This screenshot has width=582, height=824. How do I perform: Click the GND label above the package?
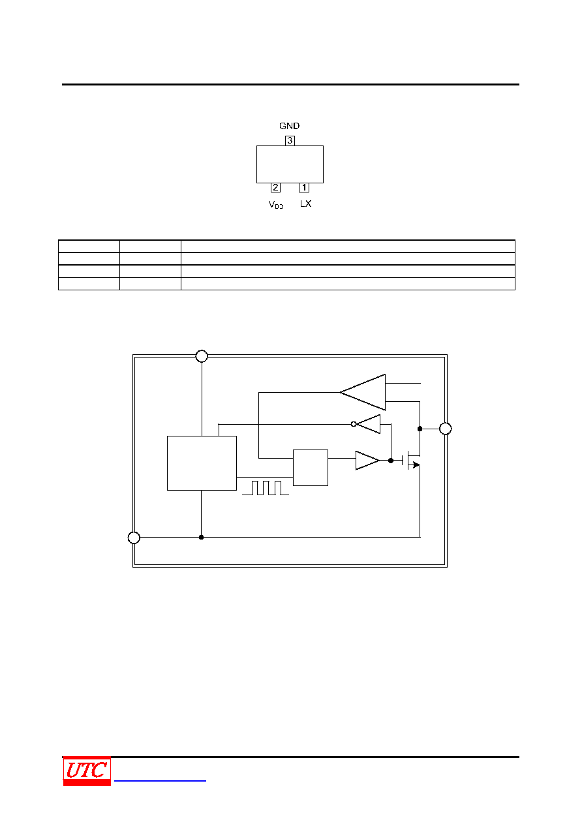click(x=289, y=126)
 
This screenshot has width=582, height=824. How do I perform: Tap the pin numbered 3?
click(x=290, y=140)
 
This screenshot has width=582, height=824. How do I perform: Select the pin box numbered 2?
click(x=275, y=188)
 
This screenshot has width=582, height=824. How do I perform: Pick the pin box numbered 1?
click(x=304, y=188)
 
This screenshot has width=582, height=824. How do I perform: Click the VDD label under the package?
click(x=276, y=204)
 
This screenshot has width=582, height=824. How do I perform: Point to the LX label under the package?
click(x=306, y=204)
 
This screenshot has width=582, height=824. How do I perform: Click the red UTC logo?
click(x=87, y=771)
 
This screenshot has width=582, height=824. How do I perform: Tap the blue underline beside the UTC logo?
click(x=160, y=780)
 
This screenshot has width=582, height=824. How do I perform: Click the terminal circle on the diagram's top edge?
click(x=202, y=356)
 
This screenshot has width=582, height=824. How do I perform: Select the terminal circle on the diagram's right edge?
click(x=446, y=429)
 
